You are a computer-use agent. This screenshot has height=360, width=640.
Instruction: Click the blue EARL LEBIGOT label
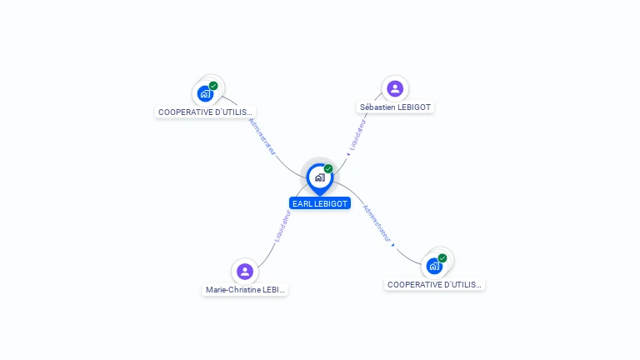click(x=320, y=203)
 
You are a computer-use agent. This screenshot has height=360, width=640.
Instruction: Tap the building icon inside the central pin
click(x=319, y=177)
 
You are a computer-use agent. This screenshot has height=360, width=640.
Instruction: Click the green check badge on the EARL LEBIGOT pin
click(x=328, y=168)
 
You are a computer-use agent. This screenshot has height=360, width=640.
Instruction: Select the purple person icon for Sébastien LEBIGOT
click(x=395, y=88)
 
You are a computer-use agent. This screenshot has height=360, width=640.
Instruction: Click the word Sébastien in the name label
click(x=377, y=107)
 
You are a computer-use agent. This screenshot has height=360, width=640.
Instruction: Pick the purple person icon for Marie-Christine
click(x=244, y=271)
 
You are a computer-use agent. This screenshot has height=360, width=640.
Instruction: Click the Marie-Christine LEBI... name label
click(x=246, y=290)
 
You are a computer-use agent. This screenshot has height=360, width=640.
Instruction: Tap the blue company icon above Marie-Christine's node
click(x=205, y=93)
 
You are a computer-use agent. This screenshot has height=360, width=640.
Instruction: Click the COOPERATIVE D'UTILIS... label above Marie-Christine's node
click(x=205, y=112)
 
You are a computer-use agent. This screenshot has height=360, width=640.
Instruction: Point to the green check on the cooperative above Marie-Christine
click(x=213, y=86)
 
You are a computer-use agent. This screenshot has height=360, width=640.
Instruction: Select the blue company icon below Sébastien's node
click(x=434, y=266)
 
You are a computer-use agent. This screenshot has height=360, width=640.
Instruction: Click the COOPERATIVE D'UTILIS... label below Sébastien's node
click(x=434, y=285)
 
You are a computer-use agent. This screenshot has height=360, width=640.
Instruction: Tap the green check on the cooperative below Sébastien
click(x=442, y=257)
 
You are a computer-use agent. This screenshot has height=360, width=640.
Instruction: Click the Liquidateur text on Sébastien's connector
click(x=357, y=135)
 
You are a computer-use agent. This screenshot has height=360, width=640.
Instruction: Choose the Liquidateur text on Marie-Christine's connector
click(x=282, y=227)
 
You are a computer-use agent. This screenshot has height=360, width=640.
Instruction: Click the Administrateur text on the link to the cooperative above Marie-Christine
click(x=262, y=136)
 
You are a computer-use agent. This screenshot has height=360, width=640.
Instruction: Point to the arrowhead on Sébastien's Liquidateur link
click(x=347, y=154)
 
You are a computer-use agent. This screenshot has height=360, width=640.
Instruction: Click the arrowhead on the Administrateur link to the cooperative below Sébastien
click(x=392, y=244)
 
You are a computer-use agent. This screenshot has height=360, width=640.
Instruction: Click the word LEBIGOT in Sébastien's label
click(x=413, y=107)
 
